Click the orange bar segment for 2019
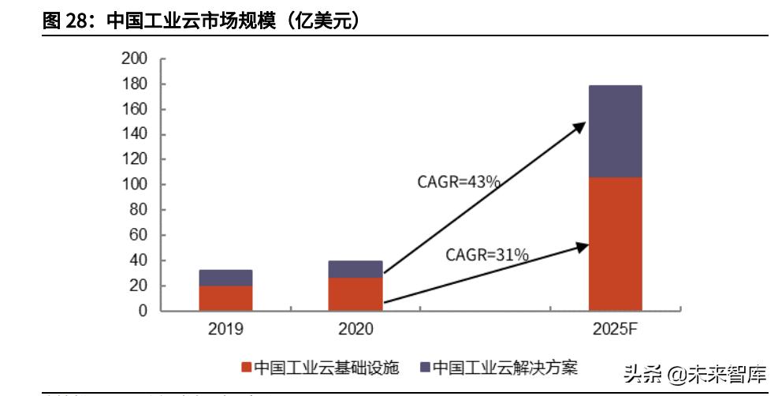pyautogui.click(x=225, y=298)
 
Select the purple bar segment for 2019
pyautogui.click(x=225, y=278)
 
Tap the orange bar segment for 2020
pyautogui.click(x=355, y=294)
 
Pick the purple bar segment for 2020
pyautogui.click(x=355, y=269)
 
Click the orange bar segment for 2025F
pyautogui.click(x=615, y=244)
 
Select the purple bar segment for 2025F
pyautogui.click(x=615, y=132)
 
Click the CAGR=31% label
pyautogui.click(x=486, y=254)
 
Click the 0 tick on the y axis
pyautogui.click(x=142, y=311)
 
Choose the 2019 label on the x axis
pyautogui.click(x=225, y=329)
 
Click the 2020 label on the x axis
pyautogui.click(x=355, y=329)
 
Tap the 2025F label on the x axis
pyautogui.click(x=615, y=329)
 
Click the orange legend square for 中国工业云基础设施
pyautogui.click(x=246, y=368)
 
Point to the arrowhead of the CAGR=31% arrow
pyautogui.click(x=583, y=246)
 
